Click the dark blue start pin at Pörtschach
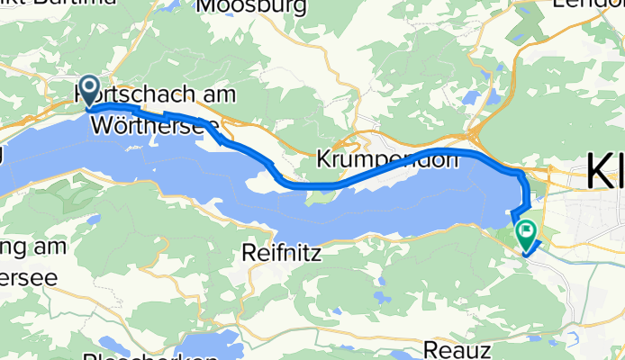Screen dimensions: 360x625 tap(90, 90)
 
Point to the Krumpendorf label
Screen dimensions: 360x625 tap(387, 159)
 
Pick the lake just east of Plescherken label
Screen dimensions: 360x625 tap(209, 346)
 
